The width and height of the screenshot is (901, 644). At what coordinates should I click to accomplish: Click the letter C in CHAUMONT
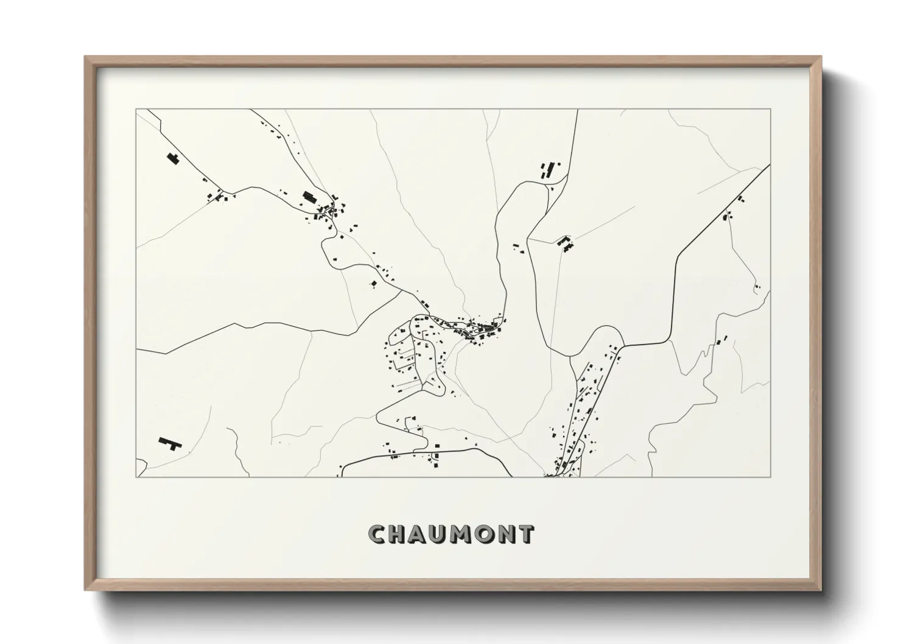point(378,534)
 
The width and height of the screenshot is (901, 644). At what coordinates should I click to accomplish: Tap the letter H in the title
point(399,534)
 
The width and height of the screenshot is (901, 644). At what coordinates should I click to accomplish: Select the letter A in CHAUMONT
point(421,534)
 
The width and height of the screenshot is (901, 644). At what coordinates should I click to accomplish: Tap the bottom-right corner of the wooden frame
point(821,590)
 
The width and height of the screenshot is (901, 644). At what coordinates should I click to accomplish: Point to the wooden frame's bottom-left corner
point(85,590)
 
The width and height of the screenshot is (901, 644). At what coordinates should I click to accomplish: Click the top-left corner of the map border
point(136,109)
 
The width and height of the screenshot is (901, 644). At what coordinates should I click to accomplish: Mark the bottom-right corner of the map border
point(771,477)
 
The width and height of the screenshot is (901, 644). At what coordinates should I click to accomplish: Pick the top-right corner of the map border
point(771,109)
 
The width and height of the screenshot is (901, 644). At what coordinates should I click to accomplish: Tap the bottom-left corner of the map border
point(136,477)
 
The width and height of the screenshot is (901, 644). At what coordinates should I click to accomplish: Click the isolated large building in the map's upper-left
point(173,158)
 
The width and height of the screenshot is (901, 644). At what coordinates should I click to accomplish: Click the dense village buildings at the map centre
point(481,329)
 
